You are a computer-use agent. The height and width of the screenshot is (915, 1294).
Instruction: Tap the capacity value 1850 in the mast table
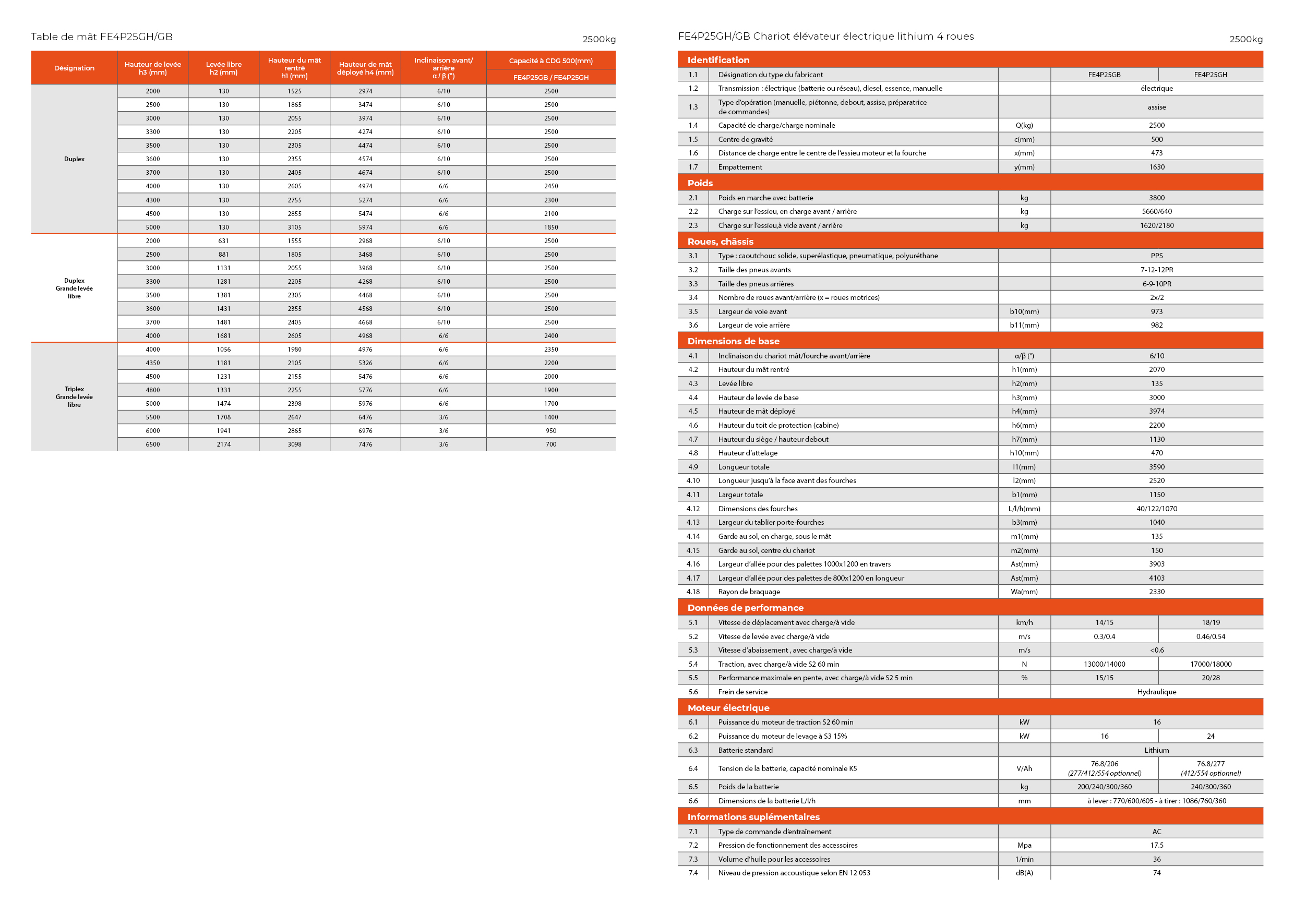coord(550,227)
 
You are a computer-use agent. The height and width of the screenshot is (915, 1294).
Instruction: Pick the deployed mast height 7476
coord(365,444)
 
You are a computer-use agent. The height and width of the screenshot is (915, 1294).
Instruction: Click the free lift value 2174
coord(224,444)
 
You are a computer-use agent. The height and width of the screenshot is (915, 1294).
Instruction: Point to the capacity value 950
coord(550,430)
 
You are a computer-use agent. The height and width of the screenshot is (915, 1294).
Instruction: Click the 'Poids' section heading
coord(700,183)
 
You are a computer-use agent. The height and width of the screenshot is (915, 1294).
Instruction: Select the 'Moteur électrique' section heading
coord(728,708)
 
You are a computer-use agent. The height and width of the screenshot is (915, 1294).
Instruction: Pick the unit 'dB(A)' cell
coord(1024,873)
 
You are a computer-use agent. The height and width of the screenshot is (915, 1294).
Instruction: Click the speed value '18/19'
coord(1211,622)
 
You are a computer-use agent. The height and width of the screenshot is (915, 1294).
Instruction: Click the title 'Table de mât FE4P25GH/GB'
coord(101,37)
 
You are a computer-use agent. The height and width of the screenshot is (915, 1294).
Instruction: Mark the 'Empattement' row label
coord(740,167)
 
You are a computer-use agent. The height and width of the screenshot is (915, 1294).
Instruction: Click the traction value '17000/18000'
coord(1211,664)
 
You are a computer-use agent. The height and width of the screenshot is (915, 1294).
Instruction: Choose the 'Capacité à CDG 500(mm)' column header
coord(550,61)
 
